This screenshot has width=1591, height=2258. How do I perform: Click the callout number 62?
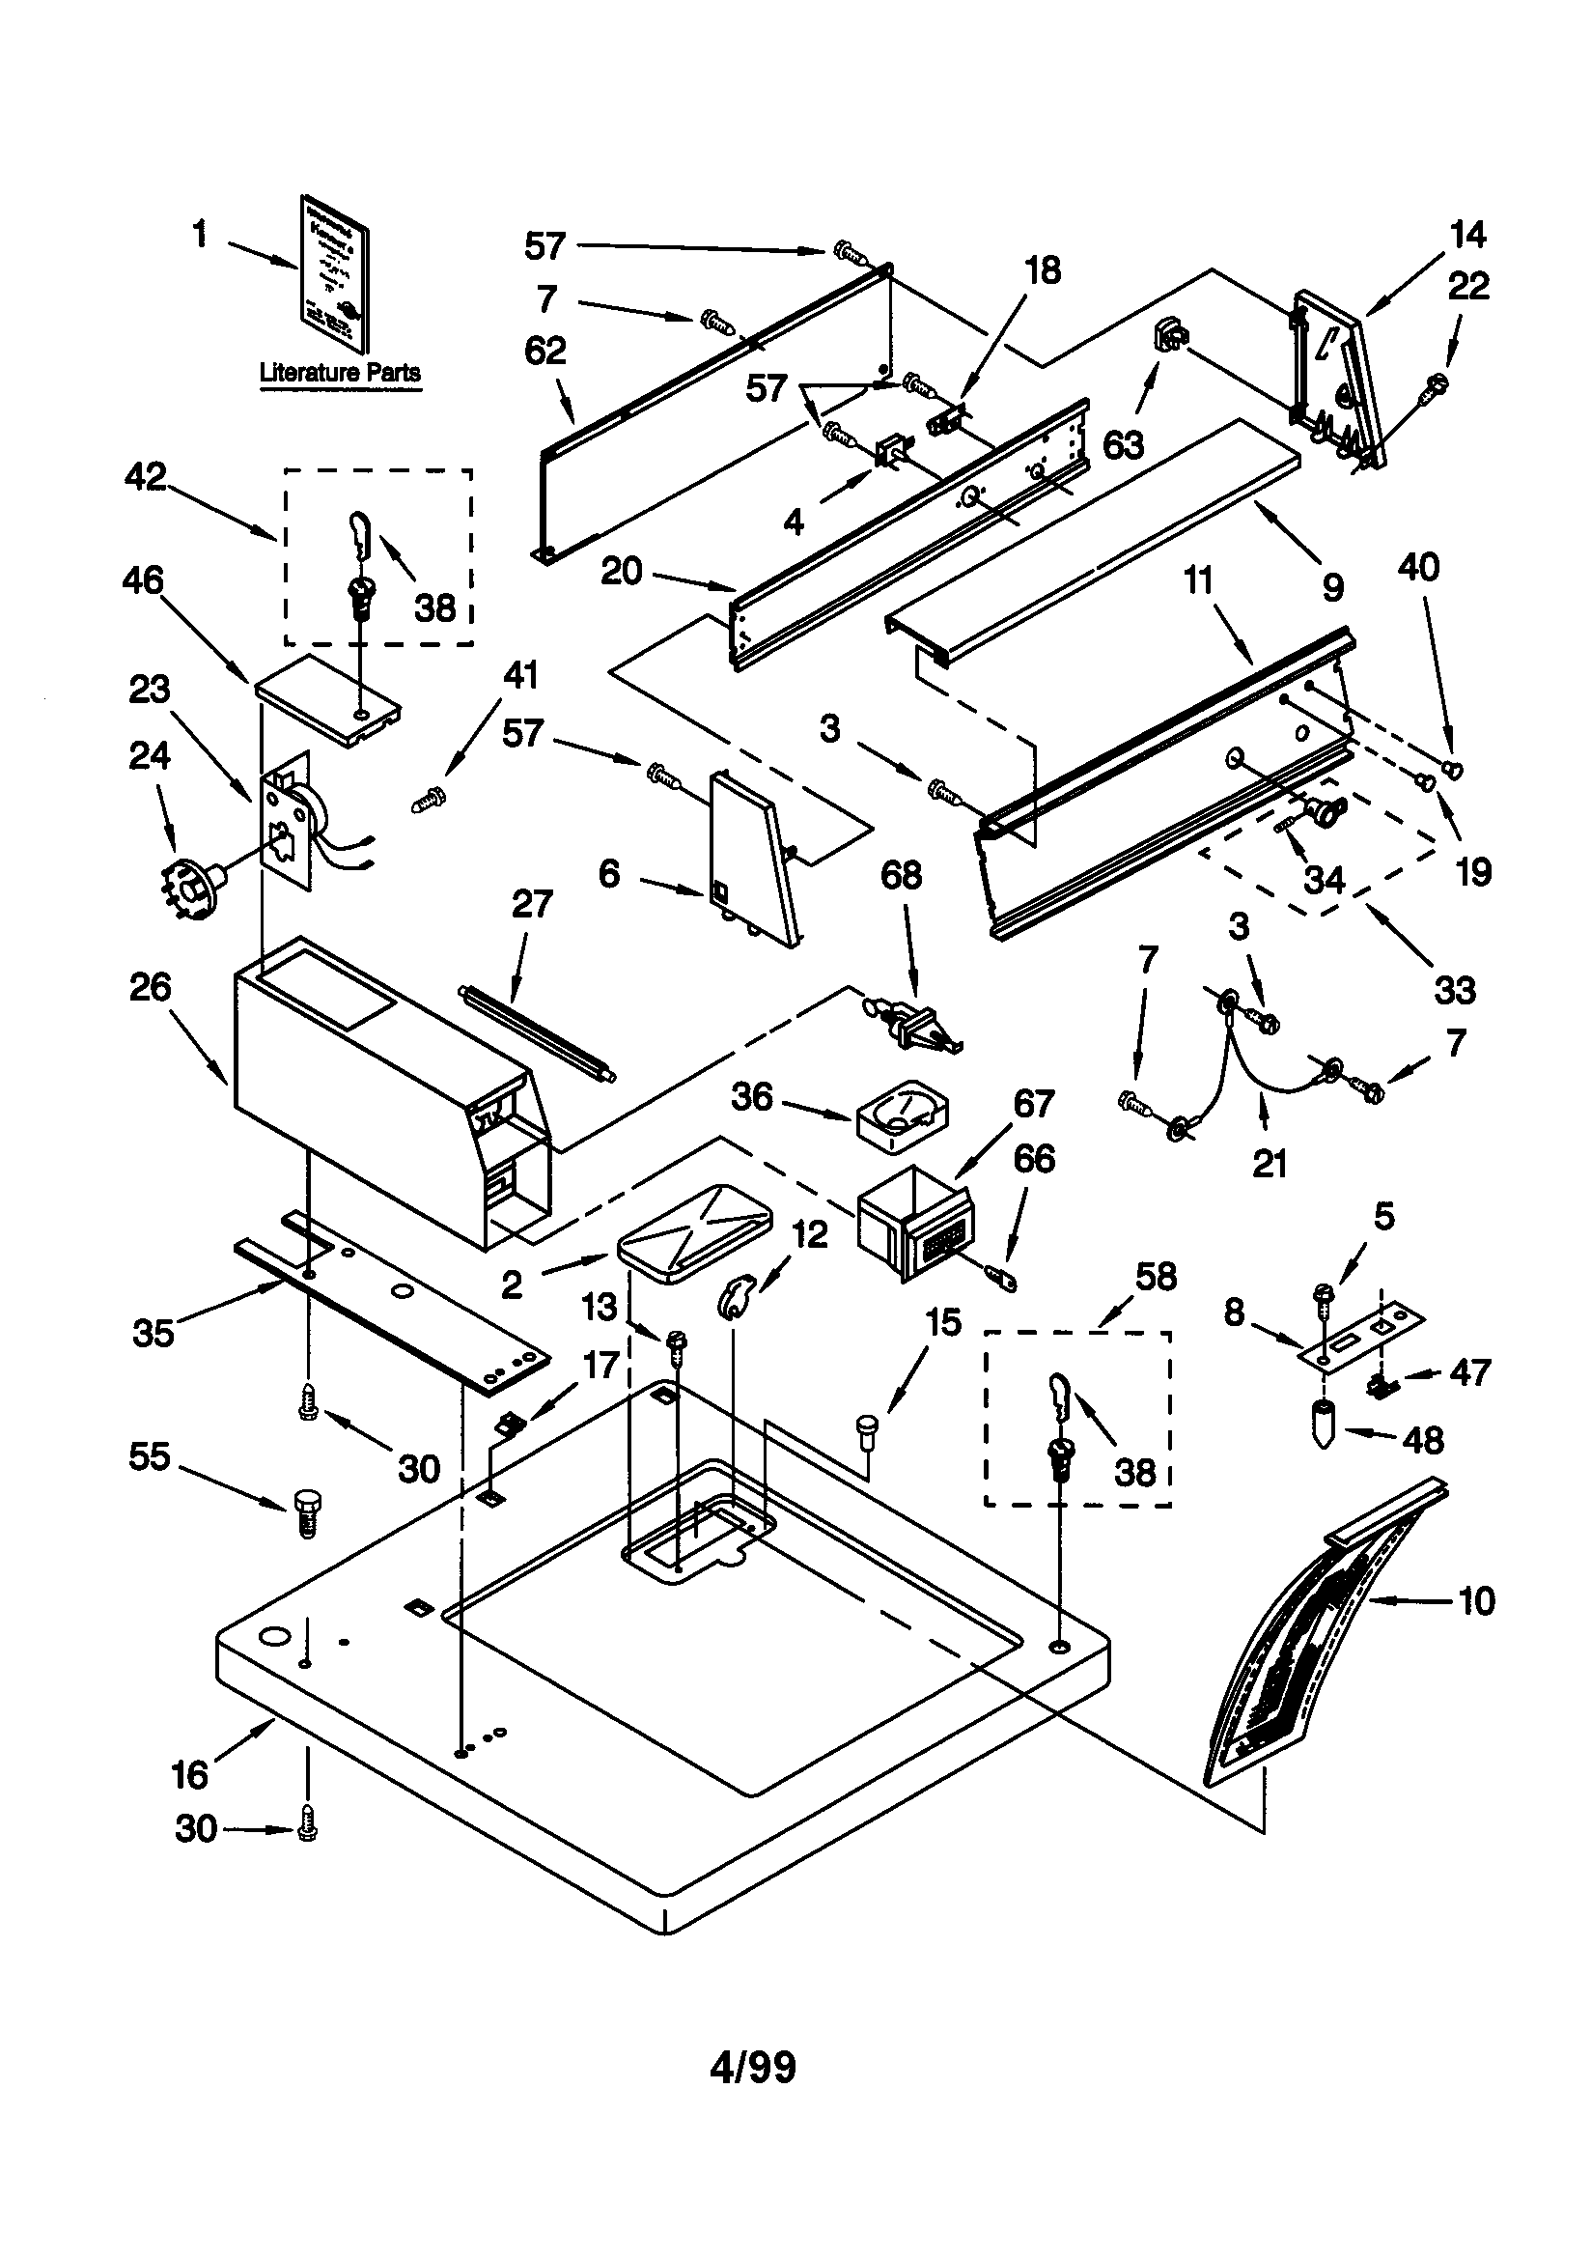click(x=545, y=352)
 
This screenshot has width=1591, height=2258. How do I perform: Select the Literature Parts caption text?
click(x=339, y=373)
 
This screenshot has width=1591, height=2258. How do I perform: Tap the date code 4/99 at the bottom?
click(x=752, y=2068)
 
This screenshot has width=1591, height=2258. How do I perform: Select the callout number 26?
click(x=150, y=986)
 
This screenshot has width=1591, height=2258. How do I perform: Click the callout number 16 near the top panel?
click(x=190, y=1775)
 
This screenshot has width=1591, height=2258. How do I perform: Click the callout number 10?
click(x=1477, y=1601)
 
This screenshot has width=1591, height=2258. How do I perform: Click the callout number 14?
click(x=1467, y=234)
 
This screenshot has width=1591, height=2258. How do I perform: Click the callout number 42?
click(x=146, y=476)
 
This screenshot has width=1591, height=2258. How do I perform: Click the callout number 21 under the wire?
click(x=1270, y=1164)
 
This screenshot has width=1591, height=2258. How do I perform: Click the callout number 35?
click(x=154, y=1333)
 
